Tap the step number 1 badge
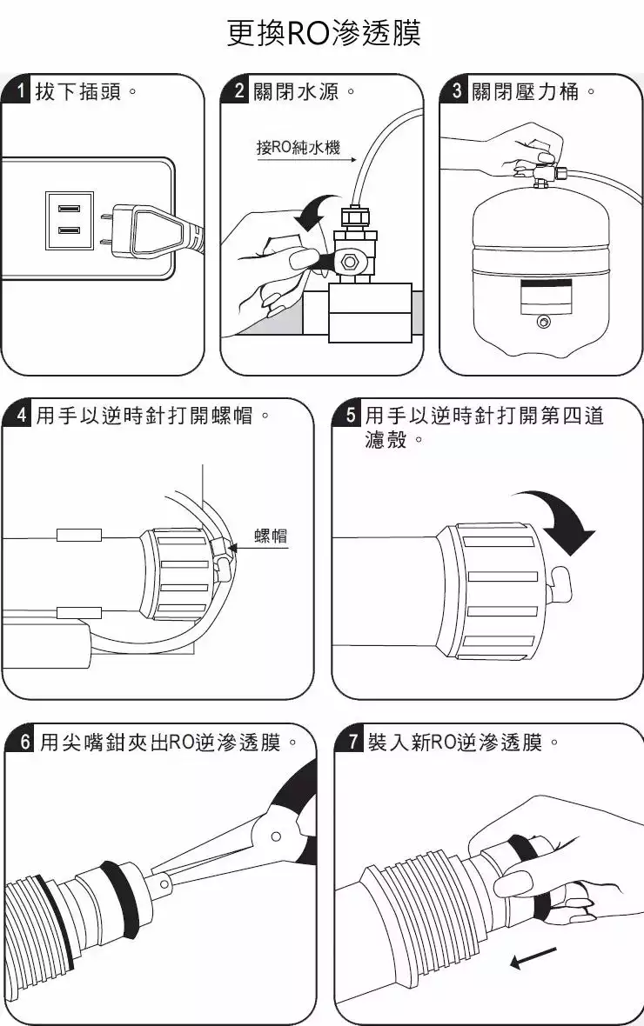19,91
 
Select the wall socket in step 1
69,221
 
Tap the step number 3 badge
456,91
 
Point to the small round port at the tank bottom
544,323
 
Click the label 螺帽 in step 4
271,536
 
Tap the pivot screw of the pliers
276,836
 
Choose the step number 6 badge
24,742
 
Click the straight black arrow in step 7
533,957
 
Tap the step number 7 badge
352,742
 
